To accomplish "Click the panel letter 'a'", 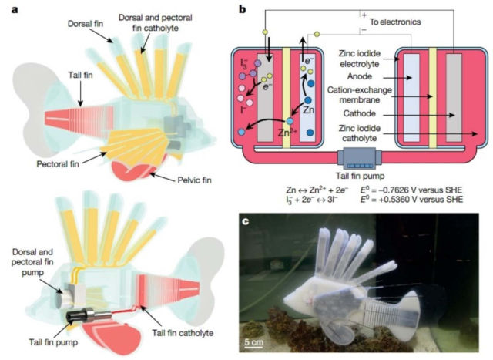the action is click(15, 9).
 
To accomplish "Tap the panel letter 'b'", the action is click(242, 9).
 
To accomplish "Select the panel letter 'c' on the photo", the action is click(245, 221).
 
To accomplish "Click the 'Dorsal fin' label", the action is click(86, 24).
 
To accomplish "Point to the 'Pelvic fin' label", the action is click(195, 180).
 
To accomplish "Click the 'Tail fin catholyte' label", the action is click(183, 333).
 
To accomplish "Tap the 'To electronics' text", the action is click(395, 22).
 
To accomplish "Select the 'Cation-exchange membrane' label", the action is click(360, 95).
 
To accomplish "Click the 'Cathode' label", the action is click(360, 113).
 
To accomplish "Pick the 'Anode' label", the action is click(360, 76).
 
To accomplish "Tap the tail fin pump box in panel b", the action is click(360, 160).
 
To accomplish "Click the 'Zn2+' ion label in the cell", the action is click(287, 133).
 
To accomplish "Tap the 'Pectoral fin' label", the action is click(58, 164).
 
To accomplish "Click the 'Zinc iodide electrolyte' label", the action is click(360, 59).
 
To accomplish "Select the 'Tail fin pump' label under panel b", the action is click(360, 176).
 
